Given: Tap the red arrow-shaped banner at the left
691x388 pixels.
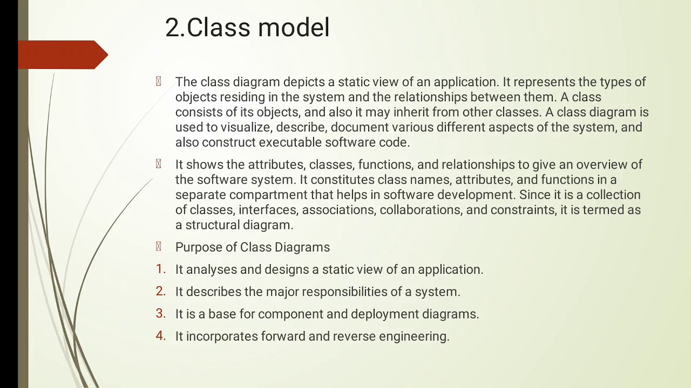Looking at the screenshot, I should [62, 55].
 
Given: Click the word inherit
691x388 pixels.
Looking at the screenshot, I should [412, 113].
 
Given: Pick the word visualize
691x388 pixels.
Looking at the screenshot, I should [245, 128].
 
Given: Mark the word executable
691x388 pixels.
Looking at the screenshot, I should [289, 143].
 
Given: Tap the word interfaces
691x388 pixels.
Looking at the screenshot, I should [268, 210].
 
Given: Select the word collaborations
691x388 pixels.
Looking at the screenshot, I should [421, 210].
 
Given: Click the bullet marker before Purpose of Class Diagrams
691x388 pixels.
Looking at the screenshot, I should [158, 247].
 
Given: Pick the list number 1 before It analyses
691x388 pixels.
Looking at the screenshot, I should [160, 269].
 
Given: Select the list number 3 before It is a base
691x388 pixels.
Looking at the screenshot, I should [160, 314].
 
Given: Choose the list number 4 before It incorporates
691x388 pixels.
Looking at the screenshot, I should [160, 336].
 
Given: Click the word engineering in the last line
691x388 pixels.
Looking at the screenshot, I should [414, 337].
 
